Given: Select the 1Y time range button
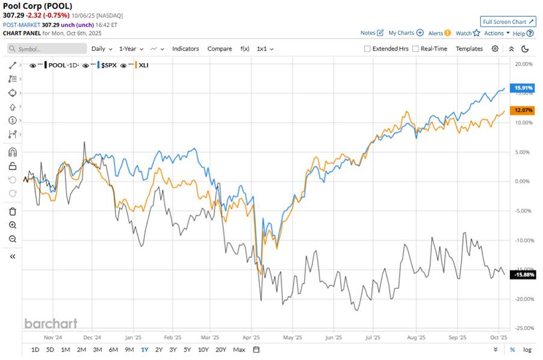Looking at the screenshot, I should [x=144, y=350].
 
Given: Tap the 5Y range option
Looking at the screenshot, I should [x=187, y=350].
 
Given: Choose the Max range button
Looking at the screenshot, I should [x=239, y=350].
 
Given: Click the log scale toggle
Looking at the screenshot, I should [x=527, y=350].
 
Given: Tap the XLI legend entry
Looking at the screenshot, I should [x=143, y=64].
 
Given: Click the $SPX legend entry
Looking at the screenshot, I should [x=109, y=64].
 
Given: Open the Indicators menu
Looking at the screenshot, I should [x=185, y=49].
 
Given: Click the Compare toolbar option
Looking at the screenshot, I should [x=220, y=49].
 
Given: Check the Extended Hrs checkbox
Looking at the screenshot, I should [x=367, y=49].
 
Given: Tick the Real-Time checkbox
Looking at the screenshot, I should [x=415, y=49].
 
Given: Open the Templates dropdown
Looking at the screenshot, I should [x=469, y=49].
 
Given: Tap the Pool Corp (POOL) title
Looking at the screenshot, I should [x=38, y=7].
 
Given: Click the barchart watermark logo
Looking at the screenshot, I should [x=51, y=323].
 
